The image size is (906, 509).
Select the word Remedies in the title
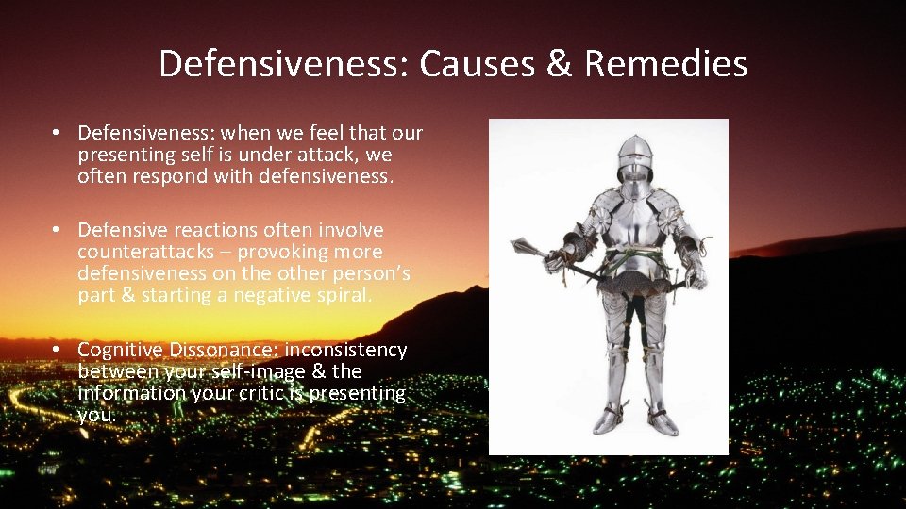665,64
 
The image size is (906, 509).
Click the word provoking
282,252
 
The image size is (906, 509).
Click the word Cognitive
120,350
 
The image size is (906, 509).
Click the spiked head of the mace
521,247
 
